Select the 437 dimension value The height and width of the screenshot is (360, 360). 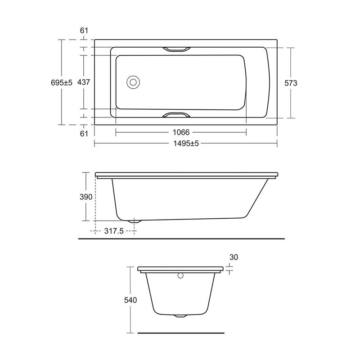coord(84,83)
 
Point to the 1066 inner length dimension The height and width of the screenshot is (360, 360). coord(181,132)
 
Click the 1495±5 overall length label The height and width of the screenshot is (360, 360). coord(185,144)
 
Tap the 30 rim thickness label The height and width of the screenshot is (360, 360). coord(233,257)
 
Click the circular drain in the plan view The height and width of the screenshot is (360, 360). coord(134,83)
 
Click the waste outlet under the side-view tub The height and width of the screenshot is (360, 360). coord(135,221)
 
